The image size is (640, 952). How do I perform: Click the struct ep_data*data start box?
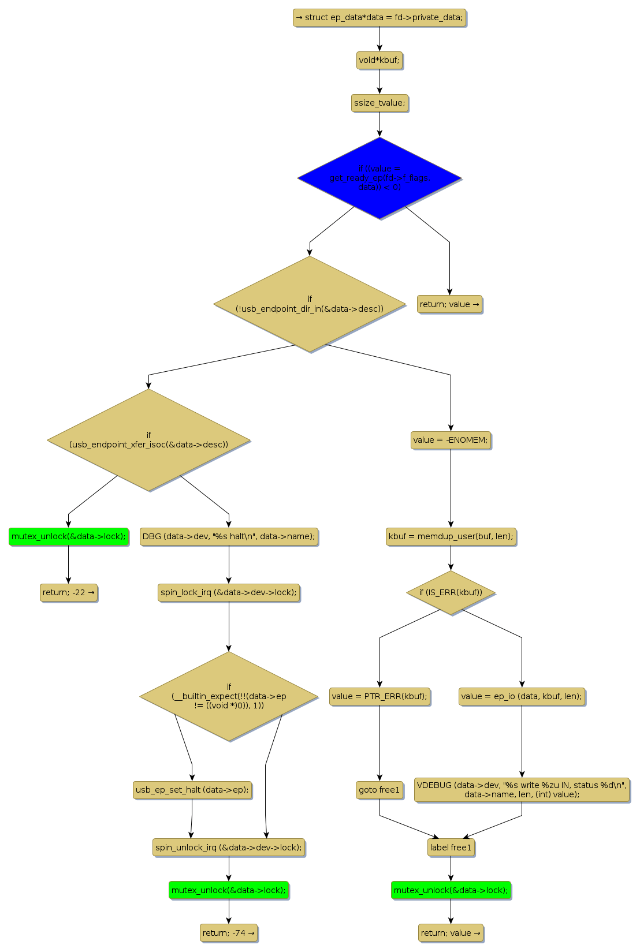(379, 17)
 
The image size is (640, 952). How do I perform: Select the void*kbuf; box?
(379, 60)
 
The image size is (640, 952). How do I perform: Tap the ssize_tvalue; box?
(379, 103)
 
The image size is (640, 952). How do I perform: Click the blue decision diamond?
(379, 178)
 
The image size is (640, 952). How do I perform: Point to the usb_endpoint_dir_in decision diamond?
(310, 304)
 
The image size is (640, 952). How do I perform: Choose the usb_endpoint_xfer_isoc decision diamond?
(148, 440)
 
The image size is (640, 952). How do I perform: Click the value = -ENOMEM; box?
(451, 440)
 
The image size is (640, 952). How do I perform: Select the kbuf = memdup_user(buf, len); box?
(451, 536)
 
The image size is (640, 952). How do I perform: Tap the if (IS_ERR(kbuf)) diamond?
(451, 592)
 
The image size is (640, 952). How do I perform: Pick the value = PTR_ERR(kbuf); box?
(379, 696)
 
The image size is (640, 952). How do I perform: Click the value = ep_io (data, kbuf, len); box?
(522, 696)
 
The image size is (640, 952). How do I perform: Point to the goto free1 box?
(379, 790)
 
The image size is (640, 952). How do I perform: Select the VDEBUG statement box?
(522, 790)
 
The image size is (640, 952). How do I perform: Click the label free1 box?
(451, 848)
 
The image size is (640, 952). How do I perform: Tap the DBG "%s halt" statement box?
(229, 536)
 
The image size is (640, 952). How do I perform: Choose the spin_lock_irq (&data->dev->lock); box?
(229, 592)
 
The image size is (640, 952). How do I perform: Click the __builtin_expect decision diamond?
(229, 696)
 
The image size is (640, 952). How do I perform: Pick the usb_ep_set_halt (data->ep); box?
(192, 790)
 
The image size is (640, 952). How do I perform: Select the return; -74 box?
(229, 933)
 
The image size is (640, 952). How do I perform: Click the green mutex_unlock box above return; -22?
(68, 536)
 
